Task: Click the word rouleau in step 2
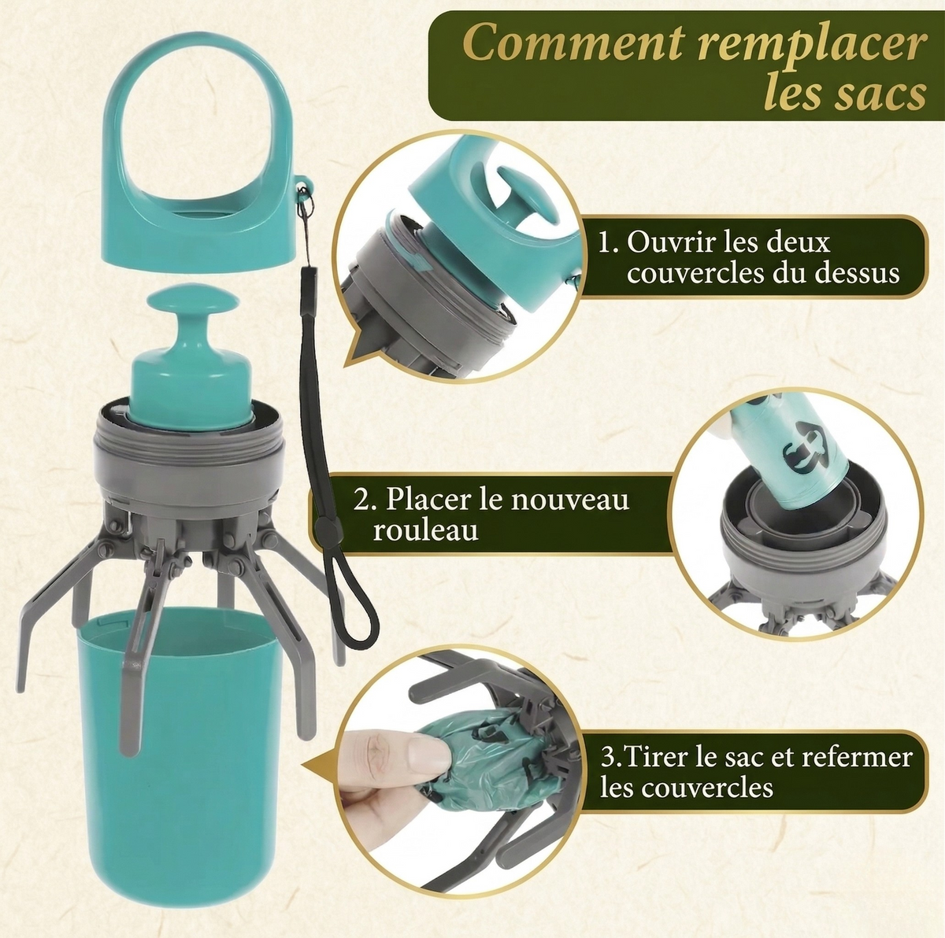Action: click(x=425, y=530)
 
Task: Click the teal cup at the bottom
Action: click(x=180, y=759)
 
